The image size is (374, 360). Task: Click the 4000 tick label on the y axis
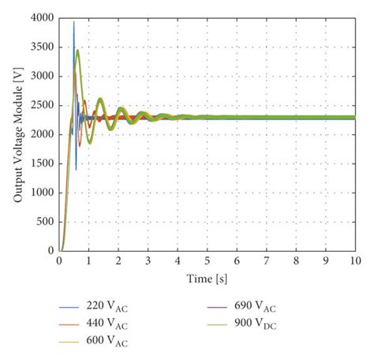click(x=40, y=17)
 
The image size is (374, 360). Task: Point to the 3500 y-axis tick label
click(x=40, y=47)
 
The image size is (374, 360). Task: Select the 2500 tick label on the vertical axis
click(x=40, y=105)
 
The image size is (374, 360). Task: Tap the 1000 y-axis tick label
click(x=40, y=193)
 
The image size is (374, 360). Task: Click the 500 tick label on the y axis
click(x=43, y=222)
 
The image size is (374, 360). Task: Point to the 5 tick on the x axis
click(x=208, y=260)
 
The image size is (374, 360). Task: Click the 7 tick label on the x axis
click(x=266, y=260)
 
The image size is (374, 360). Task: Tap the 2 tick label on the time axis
click(x=119, y=260)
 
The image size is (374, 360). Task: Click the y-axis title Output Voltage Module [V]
click(x=17, y=134)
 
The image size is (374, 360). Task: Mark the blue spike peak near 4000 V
click(x=74, y=22)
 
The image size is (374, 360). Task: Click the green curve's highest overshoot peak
click(x=77, y=50)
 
